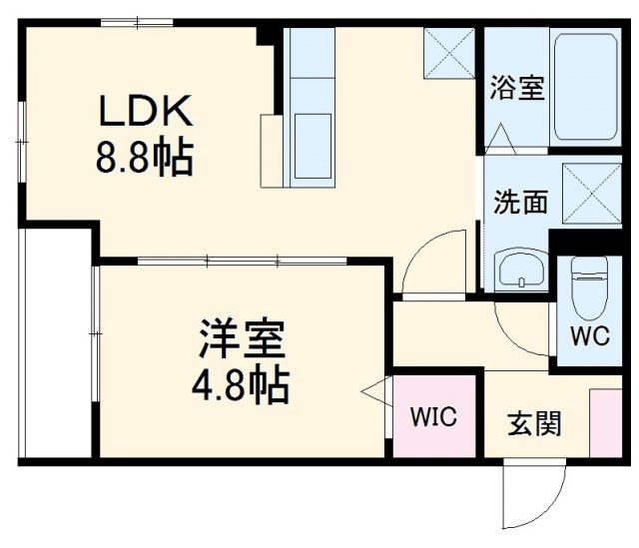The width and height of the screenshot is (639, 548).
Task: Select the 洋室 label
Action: (242, 340)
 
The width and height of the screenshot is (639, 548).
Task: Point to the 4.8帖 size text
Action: (242, 384)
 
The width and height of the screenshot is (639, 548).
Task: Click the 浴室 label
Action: (516, 88)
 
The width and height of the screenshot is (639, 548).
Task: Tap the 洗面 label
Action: (520, 202)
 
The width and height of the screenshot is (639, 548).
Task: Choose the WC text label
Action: (588, 336)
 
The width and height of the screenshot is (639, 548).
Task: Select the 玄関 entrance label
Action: (534, 423)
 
